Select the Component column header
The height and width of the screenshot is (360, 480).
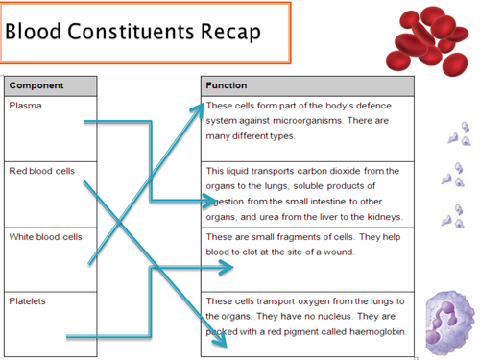tap(36, 85)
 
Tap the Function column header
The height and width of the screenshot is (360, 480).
tap(227, 85)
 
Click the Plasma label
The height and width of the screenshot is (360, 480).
tap(24, 105)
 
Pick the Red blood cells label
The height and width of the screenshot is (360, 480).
tap(41, 171)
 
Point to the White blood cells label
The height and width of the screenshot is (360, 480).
tap(45, 236)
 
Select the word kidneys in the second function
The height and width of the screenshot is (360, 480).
tap(383, 216)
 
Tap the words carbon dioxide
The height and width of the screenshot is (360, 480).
tap(322, 171)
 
